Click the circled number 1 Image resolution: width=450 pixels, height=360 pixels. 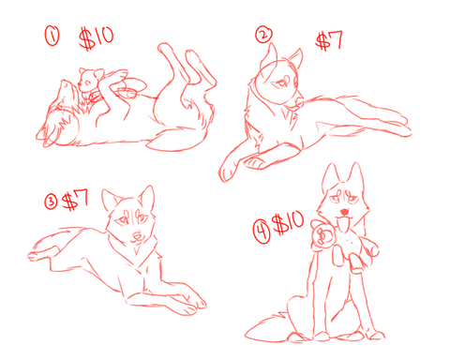click(52, 36)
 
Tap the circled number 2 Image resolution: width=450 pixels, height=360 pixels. click(263, 34)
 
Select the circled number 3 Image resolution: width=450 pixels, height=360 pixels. click(51, 202)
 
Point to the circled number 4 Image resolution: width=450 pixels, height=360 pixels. click(262, 232)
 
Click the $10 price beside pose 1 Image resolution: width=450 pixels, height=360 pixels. click(96, 38)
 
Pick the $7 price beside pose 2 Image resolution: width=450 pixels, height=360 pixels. click(329, 41)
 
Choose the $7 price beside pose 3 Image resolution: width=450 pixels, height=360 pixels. click(75, 200)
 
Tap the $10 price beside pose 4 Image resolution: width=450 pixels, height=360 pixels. click(288, 223)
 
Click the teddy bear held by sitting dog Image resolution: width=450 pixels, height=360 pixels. click(344, 246)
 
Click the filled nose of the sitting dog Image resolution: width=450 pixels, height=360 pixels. click(344, 212)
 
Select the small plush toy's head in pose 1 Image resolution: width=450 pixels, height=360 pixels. click(89, 80)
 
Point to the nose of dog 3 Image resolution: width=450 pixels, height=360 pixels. click(137, 235)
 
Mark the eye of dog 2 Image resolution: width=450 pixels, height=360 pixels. click(282, 82)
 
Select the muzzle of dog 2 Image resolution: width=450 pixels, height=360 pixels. click(297, 100)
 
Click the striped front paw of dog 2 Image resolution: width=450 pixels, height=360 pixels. click(255, 162)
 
